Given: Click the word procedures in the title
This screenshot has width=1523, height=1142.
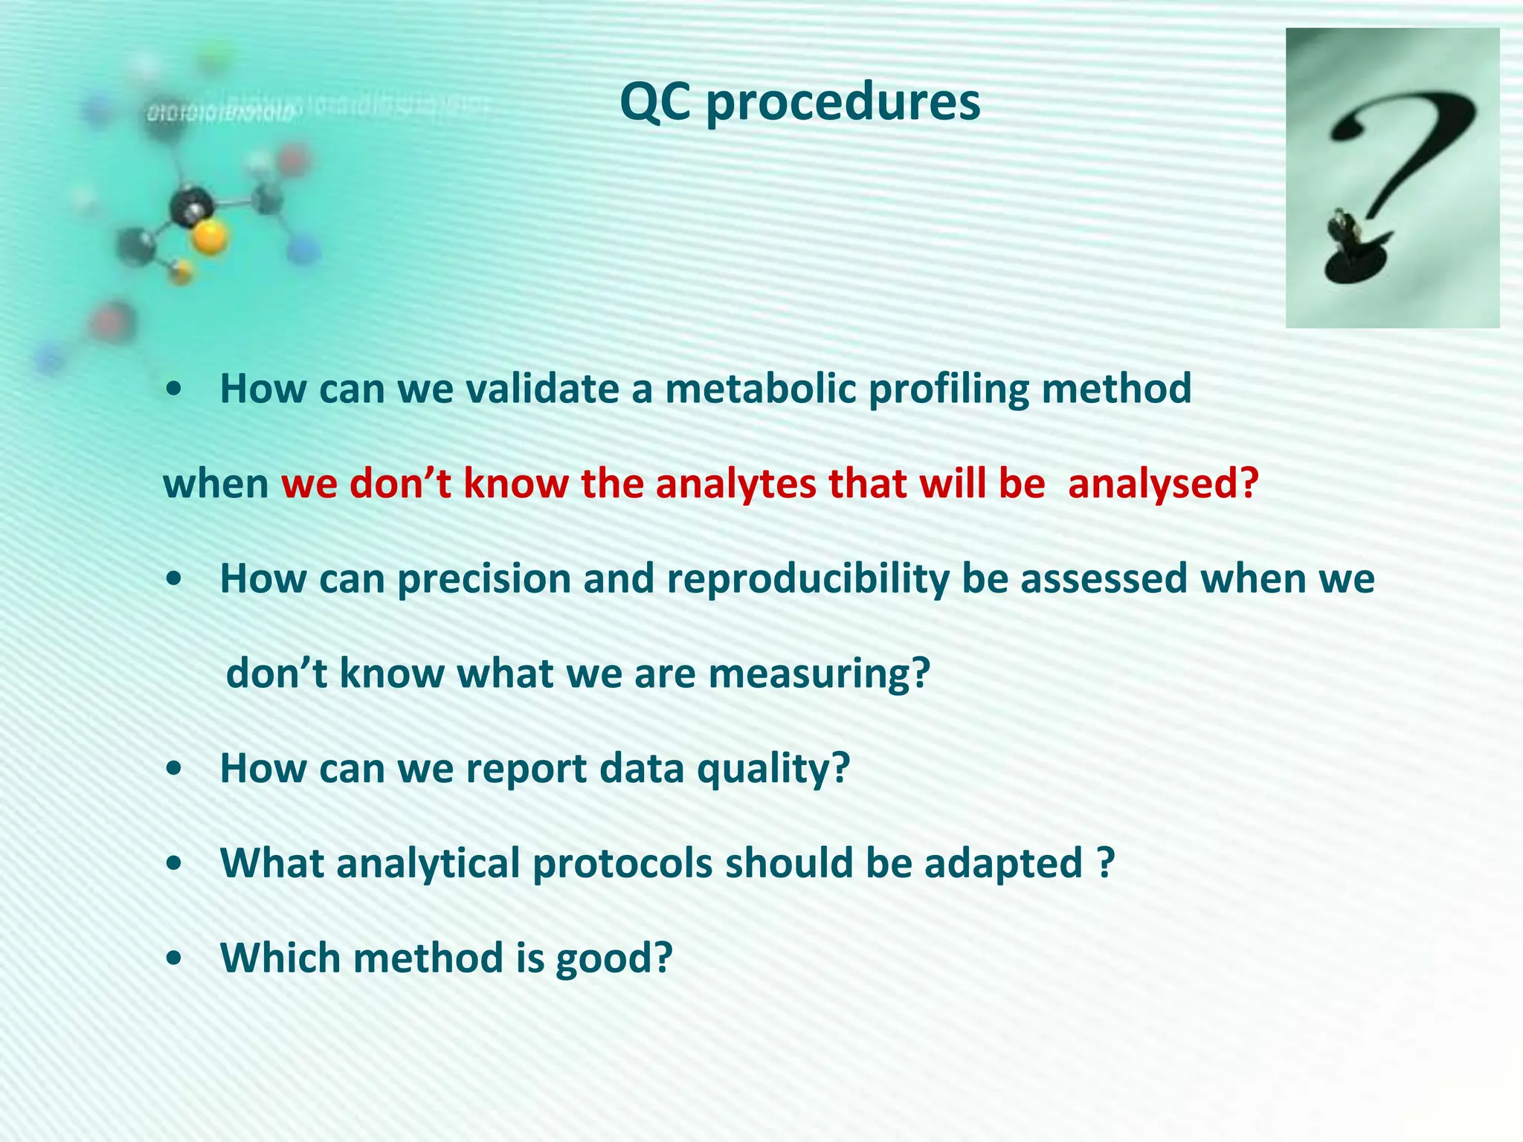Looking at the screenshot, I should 843,104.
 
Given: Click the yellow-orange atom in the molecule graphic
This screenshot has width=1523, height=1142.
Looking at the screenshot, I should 210,238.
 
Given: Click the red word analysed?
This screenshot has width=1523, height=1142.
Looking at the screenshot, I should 1163,484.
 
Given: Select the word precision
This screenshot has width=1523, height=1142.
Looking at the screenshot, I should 484,579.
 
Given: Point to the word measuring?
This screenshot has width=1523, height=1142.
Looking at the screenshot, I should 819,674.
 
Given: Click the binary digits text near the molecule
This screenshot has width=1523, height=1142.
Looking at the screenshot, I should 221,113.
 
